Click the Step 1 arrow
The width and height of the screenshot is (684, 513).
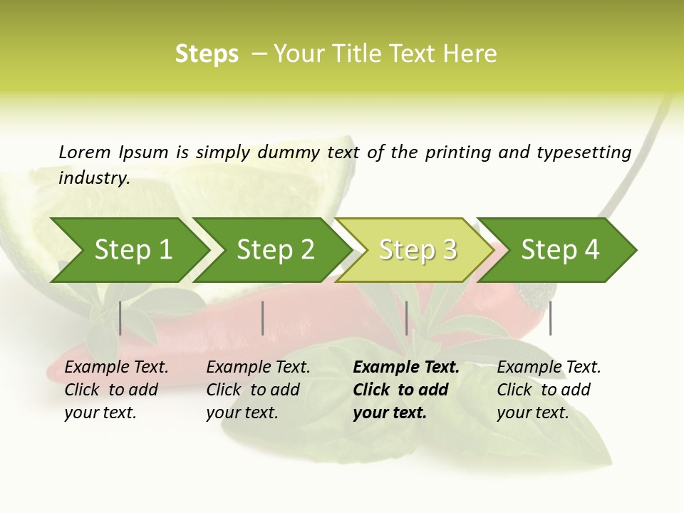(x=133, y=250)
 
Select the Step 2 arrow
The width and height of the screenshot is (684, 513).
(x=275, y=250)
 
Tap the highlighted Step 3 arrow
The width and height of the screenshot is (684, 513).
(x=418, y=250)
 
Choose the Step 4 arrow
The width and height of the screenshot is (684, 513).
(x=560, y=250)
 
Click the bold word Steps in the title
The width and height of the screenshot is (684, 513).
(x=207, y=54)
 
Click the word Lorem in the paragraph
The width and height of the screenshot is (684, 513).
(x=85, y=152)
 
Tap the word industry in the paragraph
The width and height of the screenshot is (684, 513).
(x=94, y=178)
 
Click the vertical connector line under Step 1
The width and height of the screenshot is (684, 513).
(x=120, y=318)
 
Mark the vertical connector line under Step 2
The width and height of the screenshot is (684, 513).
(x=263, y=318)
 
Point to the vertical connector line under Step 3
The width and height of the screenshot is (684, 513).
(x=406, y=318)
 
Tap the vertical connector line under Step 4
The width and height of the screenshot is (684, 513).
(x=551, y=318)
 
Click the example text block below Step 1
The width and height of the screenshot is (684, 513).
(x=116, y=390)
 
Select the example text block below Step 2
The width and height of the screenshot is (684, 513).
(x=258, y=390)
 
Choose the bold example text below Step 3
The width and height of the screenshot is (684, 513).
(x=406, y=390)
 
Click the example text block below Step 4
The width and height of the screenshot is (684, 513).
(x=549, y=390)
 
